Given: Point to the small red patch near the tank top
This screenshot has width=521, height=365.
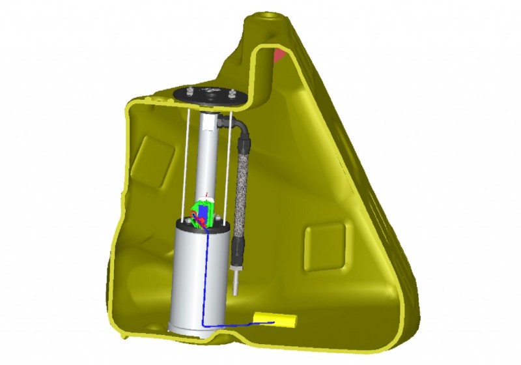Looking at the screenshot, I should click(280, 54).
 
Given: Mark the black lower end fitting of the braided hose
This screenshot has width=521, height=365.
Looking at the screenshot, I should click(238, 251).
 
